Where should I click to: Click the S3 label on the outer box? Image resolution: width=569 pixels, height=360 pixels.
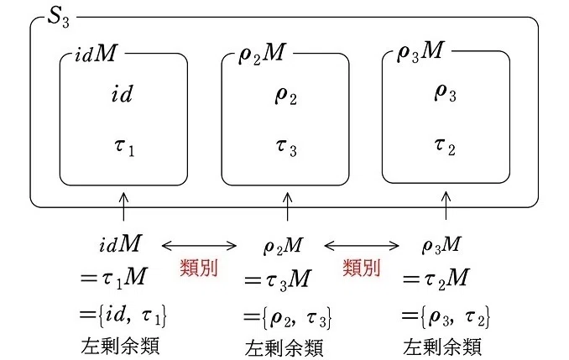(x=59, y=17)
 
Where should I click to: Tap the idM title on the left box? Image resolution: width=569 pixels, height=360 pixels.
(x=96, y=54)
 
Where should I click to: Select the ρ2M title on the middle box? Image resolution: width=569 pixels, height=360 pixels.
(x=263, y=54)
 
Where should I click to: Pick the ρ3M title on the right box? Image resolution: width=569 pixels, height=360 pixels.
(x=420, y=51)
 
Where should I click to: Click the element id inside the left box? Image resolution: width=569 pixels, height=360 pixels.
(x=122, y=94)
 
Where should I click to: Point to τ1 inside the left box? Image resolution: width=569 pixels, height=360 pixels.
(x=124, y=148)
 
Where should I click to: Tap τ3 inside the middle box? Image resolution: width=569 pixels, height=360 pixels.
(x=286, y=148)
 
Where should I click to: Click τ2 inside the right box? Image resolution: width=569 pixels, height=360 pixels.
(x=445, y=146)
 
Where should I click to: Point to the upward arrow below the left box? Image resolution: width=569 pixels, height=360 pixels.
(x=123, y=206)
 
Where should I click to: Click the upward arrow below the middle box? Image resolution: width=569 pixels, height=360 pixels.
(x=287, y=206)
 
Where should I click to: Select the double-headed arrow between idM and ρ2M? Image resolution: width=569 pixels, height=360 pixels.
(x=199, y=246)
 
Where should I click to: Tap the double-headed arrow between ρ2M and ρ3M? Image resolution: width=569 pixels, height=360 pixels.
(x=362, y=246)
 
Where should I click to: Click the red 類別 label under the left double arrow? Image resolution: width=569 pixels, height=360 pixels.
(x=199, y=269)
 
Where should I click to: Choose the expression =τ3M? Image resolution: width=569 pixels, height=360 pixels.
(x=278, y=279)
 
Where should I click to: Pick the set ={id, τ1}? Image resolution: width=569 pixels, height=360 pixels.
(x=123, y=315)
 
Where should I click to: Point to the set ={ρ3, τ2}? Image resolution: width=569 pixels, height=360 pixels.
(x=446, y=316)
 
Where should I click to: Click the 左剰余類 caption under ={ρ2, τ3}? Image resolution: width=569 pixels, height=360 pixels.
(x=284, y=347)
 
